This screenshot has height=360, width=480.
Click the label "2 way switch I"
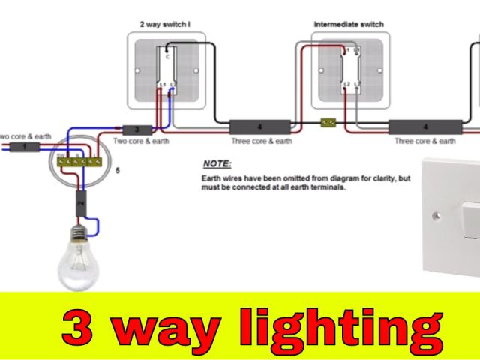165,24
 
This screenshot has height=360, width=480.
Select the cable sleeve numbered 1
25,147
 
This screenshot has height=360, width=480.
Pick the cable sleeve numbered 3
136,129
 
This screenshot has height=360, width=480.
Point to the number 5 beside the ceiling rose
117,172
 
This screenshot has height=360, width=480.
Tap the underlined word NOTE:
217,163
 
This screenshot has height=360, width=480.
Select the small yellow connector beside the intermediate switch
328,122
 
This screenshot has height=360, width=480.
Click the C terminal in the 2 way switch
167,57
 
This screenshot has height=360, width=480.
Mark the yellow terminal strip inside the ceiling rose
79,160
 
